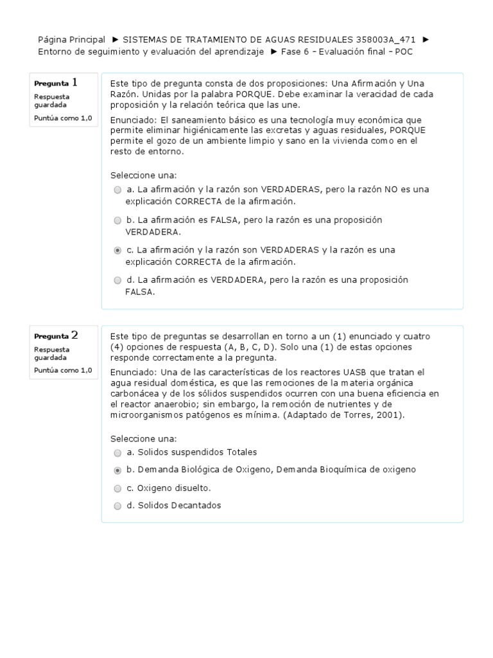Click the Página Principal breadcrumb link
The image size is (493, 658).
(x=71, y=40)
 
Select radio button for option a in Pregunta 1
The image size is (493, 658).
(x=117, y=190)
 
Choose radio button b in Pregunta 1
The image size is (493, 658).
(x=117, y=220)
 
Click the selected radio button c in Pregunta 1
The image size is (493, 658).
(x=117, y=250)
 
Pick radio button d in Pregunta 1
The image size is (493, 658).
(x=117, y=280)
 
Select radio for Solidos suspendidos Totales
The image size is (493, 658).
(x=117, y=453)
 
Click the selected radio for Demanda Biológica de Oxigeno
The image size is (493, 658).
(x=117, y=470)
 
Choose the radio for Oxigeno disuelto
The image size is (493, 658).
(x=117, y=488)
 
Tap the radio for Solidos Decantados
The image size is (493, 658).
(x=117, y=506)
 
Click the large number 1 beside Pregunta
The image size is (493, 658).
(x=74, y=82)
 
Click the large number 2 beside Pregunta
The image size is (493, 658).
(x=74, y=335)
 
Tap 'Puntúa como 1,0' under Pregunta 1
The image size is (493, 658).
(x=63, y=118)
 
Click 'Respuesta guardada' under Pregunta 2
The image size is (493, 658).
(x=52, y=353)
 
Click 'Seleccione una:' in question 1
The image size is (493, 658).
(x=143, y=175)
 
